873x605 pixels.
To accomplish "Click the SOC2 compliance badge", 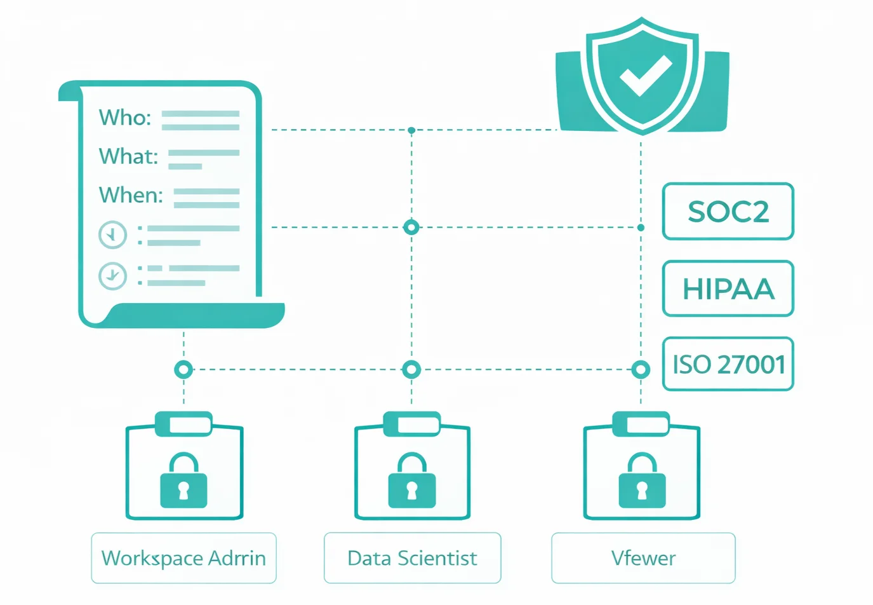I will pos(728,212).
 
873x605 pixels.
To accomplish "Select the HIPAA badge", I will pos(728,289).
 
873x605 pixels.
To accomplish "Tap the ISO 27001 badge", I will pos(728,364).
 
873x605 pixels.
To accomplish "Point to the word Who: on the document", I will pos(125,118).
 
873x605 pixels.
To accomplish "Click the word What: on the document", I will pos(128,156).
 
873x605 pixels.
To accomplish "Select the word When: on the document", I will pos(131,195).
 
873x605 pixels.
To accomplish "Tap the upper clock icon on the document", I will pos(112,235).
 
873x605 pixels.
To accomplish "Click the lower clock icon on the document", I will pos(112,275).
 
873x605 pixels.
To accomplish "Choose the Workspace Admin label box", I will pos(183,558).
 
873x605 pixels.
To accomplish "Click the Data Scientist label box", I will pos(412,558).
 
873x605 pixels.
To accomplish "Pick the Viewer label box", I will pos(643,558).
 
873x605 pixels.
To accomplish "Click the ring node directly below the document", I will pos(183,369).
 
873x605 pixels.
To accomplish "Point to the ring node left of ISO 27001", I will pos(641,369).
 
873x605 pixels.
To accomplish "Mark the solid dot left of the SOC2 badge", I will pos(641,228).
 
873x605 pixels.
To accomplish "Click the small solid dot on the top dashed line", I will pos(411,130).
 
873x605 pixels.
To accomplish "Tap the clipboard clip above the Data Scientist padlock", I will pos(412,424).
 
